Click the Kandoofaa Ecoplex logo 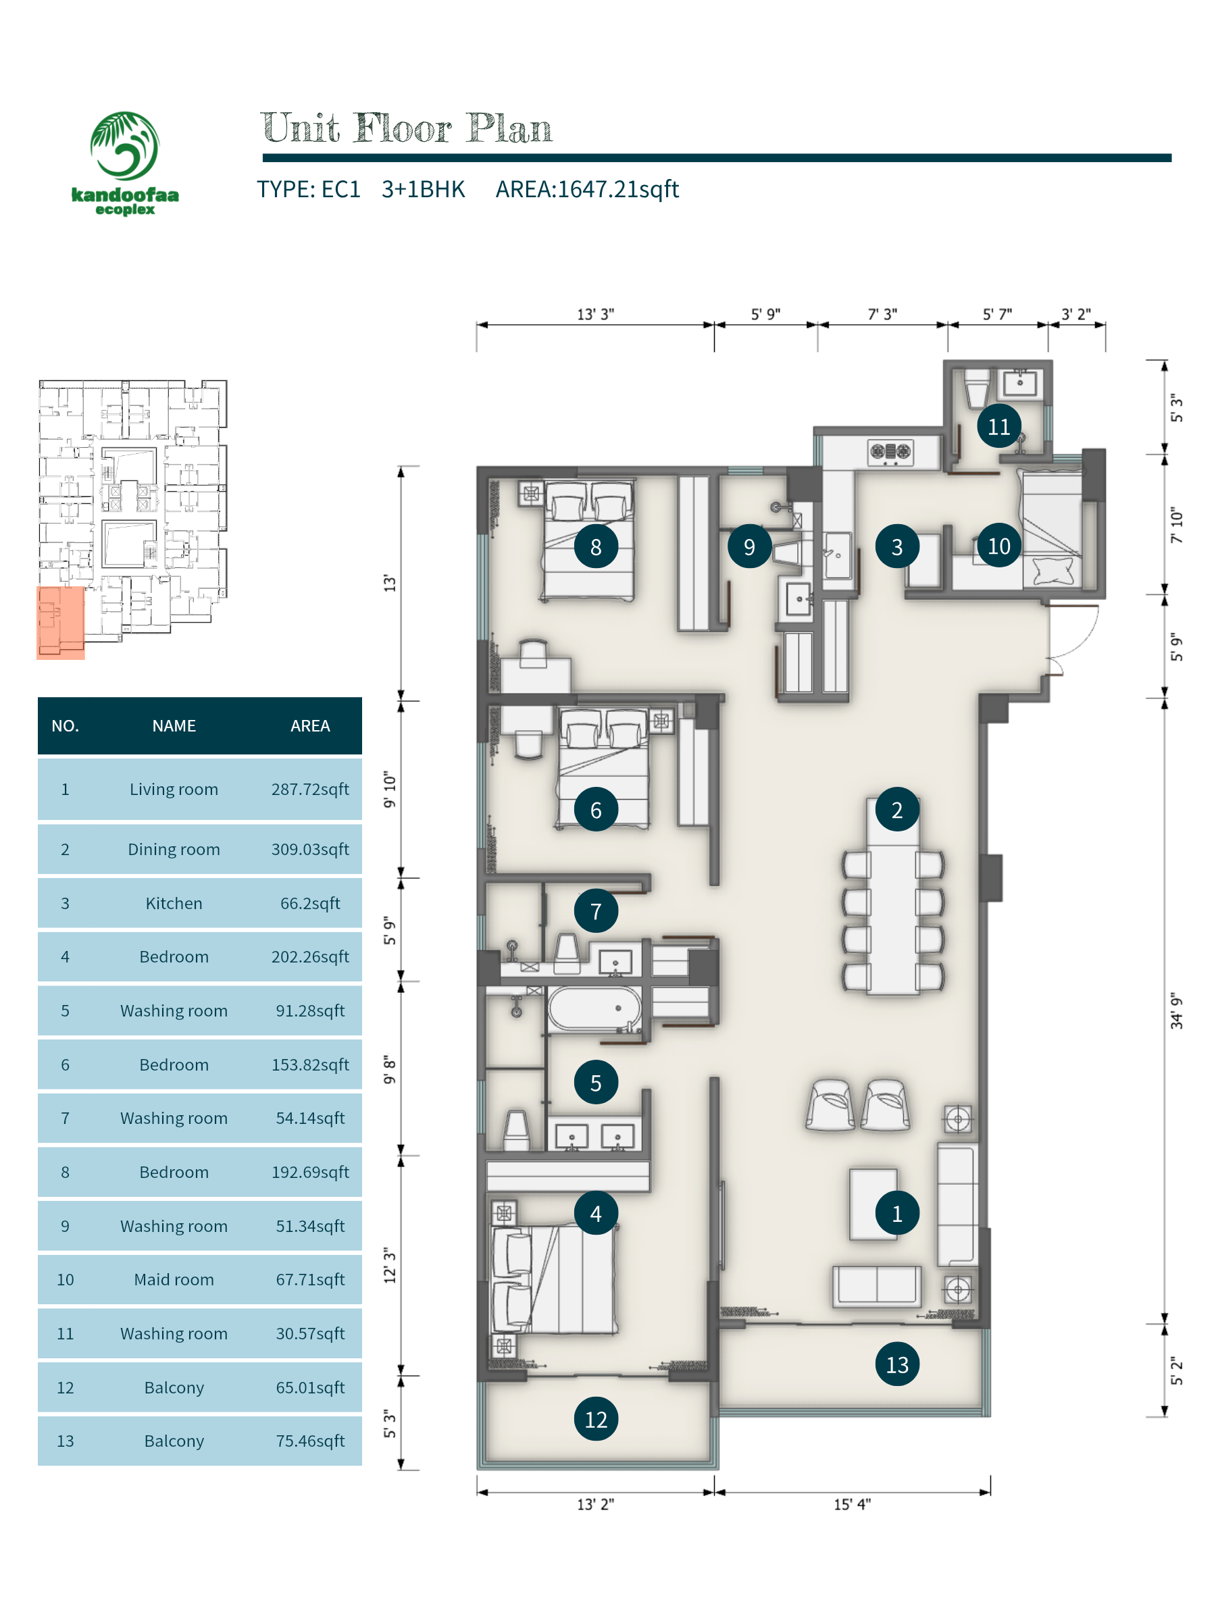pos(124,163)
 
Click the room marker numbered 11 pos(998,426)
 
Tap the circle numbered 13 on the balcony pos(897,1364)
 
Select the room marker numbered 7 pos(596,910)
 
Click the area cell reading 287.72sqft pos(309,789)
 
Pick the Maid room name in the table pos(174,1279)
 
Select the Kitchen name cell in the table pos(174,903)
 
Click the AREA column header pos(309,725)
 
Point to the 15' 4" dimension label pos(851,1504)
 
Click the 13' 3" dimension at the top pos(595,314)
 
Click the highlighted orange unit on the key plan pos(61,623)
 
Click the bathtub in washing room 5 pos(594,1008)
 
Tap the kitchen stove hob pos(890,453)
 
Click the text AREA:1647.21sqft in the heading pos(587,190)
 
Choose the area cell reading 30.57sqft pos(309,1333)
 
